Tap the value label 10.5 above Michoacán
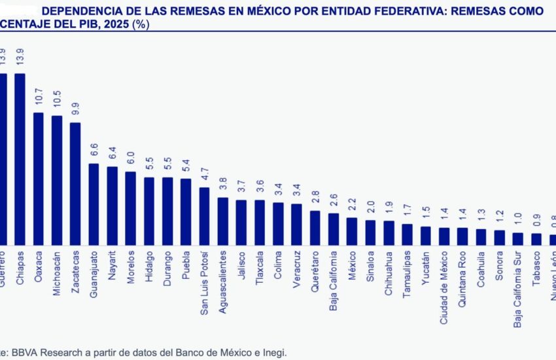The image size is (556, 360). (57, 103)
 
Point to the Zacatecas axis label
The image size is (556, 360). (75, 271)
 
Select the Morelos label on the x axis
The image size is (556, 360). (130, 267)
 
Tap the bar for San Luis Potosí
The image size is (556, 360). (204, 216)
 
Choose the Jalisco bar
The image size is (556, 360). (241, 223)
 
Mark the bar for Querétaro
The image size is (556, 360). (315, 228)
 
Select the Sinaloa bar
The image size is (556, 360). (370, 232)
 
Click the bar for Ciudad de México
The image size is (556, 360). (444, 236)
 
